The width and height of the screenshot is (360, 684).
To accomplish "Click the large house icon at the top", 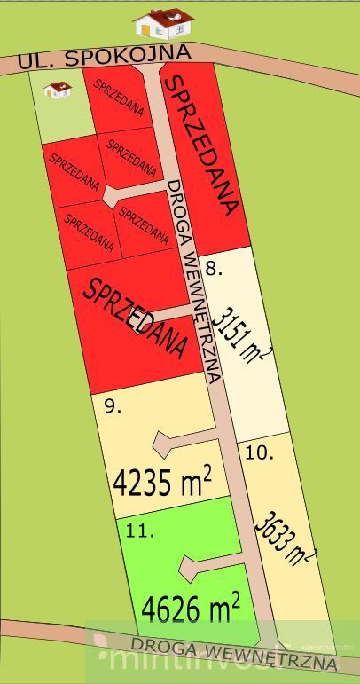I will pyautogui.click(x=164, y=24).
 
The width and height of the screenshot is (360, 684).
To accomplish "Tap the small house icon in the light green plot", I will pyautogui.click(x=59, y=89).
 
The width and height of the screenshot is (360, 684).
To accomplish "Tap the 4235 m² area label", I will pyautogui.click(x=163, y=483).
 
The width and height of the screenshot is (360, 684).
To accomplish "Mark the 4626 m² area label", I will pyautogui.click(x=191, y=610).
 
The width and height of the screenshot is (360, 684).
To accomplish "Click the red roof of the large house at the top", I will pyautogui.click(x=164, y=16).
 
